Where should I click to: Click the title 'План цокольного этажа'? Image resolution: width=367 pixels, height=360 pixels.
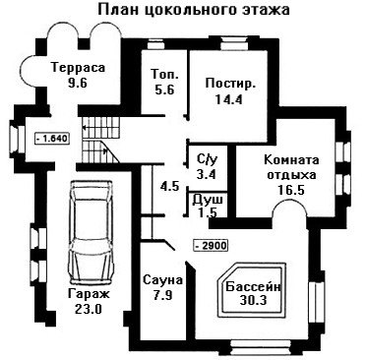tap(194, 10)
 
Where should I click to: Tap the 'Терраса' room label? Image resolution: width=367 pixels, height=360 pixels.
tap(79, 68)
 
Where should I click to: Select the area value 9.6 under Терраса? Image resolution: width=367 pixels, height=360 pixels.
tap(78, 83)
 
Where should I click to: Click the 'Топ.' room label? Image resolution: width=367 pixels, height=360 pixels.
tap(165, 74)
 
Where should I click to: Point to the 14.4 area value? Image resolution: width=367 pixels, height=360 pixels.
tap(229, 98)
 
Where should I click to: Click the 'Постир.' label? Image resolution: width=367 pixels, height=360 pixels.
tap(230, 84)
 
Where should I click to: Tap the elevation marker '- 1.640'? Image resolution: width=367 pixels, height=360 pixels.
tap(52, 138)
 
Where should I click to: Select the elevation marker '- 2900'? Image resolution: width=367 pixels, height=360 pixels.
tap(211, 245)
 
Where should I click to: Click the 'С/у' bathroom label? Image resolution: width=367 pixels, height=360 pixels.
tap(208, 159)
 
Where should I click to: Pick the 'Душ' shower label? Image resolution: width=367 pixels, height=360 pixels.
tap(208, 200)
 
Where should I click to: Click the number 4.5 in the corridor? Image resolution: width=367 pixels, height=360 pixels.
tap(169, 187)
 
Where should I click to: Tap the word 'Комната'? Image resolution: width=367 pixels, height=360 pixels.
tap(291, 160)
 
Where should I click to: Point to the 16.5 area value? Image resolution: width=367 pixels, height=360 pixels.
tap(291, 190)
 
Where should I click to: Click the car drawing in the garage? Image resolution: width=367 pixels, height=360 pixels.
tap(91, 232)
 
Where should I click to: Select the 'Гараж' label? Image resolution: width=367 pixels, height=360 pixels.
tap(89, 294)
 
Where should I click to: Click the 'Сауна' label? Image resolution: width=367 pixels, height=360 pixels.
tap(163, 280)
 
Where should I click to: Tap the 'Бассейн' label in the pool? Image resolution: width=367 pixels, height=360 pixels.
tap(254, 287)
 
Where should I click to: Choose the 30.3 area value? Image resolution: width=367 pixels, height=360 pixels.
tap(253, 300)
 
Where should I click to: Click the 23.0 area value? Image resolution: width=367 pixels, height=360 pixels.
tap(89, 309)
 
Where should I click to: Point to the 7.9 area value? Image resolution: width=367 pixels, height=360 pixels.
tap(162, 295)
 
